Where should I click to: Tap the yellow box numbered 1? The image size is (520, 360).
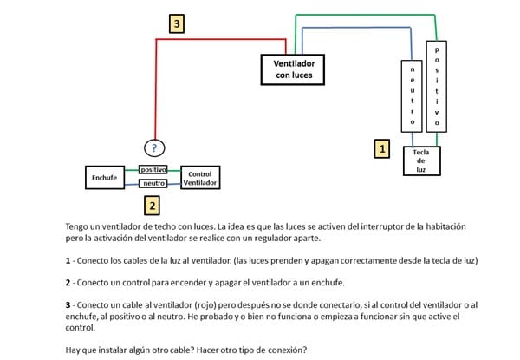click(381, 148)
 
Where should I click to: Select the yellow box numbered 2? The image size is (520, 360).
click(152, 206)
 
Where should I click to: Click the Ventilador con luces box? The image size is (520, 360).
click(294, 69)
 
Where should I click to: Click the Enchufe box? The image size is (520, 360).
click(104, 178)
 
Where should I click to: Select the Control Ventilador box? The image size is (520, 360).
click(200, 178)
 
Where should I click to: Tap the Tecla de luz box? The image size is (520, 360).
click(421, 161)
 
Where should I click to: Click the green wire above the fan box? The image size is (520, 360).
click(364, 15)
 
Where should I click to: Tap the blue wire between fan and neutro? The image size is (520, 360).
click(364, 29)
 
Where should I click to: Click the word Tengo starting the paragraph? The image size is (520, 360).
click(79, 226)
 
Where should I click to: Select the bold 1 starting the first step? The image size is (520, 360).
click(68, 260)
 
